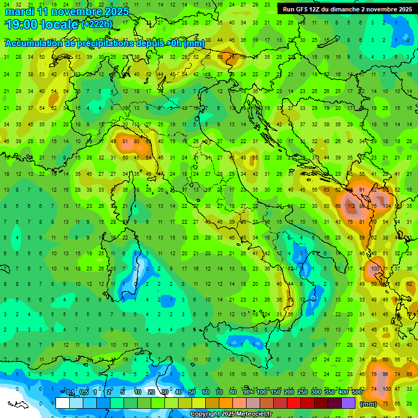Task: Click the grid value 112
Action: (x=351, y=207)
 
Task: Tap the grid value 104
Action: (x=386, y=207)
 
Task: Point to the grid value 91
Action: (x=362, y=189)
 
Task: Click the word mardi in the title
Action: (x=20, y=11)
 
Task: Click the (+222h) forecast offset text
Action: (x=97, y=24)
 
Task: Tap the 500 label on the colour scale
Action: (x=356, y=392)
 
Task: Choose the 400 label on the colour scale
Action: (x=343, y=392)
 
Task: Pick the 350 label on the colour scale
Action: (x=329, y=392)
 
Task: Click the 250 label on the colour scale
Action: (x=302, y=392)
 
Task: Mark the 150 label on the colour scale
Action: (x=275, y=392)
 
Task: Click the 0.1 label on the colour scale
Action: (x=70, y=392)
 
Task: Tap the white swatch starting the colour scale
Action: (x=63, y=403)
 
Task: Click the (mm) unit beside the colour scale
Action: (x=368, y=404)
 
